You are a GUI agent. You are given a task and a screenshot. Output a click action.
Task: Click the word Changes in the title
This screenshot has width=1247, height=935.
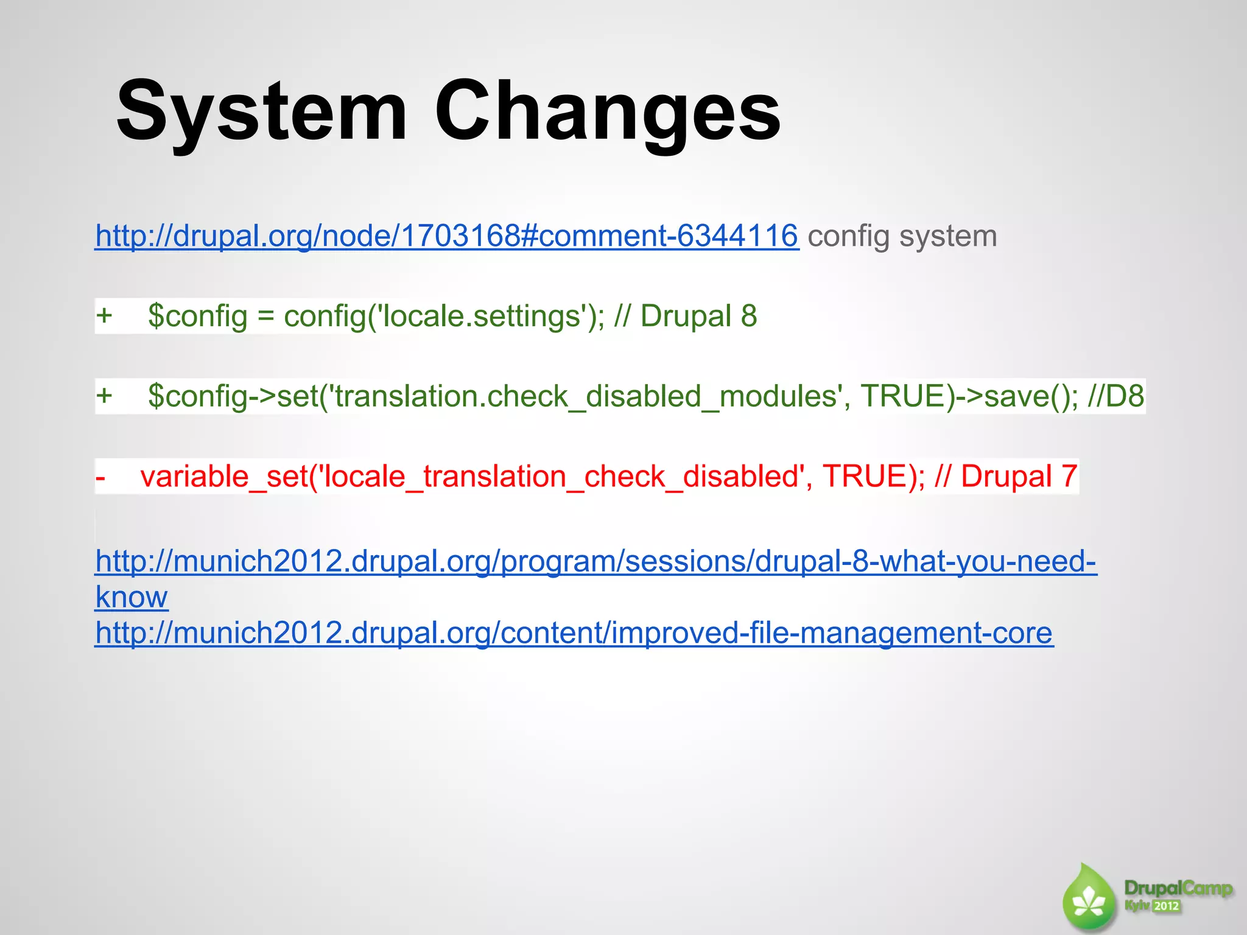[607, 113]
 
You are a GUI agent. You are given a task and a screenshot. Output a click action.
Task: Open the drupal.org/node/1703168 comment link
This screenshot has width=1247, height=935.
[446, 236]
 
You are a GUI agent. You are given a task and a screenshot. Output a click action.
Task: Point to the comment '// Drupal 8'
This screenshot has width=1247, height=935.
[686, 316]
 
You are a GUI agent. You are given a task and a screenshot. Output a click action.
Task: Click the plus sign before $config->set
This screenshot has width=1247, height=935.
[104, 396]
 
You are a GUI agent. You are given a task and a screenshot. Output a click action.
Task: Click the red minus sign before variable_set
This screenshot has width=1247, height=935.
[100, 477]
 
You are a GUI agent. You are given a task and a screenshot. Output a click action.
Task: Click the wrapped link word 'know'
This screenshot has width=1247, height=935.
[132, 597]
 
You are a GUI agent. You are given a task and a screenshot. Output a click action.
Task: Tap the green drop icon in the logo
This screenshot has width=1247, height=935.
[1089, 899]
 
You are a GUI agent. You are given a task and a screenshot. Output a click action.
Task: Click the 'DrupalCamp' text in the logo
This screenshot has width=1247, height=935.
[1178, 888]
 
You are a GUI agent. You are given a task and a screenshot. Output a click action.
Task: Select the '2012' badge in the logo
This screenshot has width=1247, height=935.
[1167, 906]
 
